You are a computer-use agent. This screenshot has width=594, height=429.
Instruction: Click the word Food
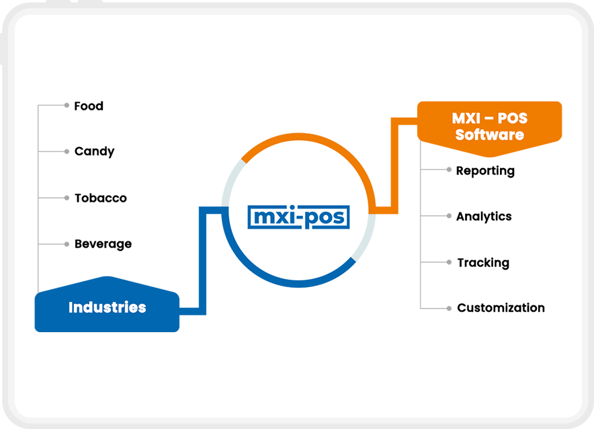click(89, 106)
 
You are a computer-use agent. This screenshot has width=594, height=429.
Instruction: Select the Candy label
click(94, 151)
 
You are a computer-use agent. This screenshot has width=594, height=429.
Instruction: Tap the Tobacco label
click(100, 198)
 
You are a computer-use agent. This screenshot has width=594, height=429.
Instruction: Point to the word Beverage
click(103, 243)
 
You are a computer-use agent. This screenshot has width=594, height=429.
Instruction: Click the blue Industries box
click(107, 308)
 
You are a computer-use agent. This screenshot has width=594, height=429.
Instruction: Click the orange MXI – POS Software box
click(489, 126)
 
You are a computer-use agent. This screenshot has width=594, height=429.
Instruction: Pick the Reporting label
click(485, 171)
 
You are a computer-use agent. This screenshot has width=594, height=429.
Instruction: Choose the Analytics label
click(484, 217)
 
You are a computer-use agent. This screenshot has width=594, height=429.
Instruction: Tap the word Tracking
click(483, 262)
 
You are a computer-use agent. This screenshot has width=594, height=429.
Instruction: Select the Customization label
click(501, 308)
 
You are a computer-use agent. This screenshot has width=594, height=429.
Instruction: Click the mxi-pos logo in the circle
click(298, 217)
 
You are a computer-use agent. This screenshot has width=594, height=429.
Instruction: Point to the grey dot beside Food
click(67, 106)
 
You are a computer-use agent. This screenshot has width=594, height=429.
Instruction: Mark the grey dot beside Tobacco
click(67, 198)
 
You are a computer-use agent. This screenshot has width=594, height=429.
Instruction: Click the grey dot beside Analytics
click(449, 217)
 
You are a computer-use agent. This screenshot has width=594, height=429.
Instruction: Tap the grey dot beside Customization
click(449, 308)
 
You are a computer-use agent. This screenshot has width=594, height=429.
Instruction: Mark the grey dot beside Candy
click(67, 151)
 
